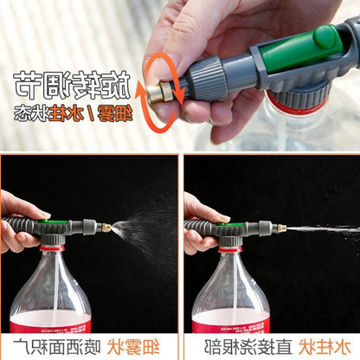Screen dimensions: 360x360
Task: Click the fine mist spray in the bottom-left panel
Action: click(x=143, y=230)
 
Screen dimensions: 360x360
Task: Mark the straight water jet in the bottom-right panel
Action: click(x=320, y=228)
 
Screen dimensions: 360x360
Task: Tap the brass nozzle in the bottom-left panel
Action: click(x=106, y=228)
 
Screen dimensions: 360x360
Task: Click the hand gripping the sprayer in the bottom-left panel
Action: click(x=17, y=221)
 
